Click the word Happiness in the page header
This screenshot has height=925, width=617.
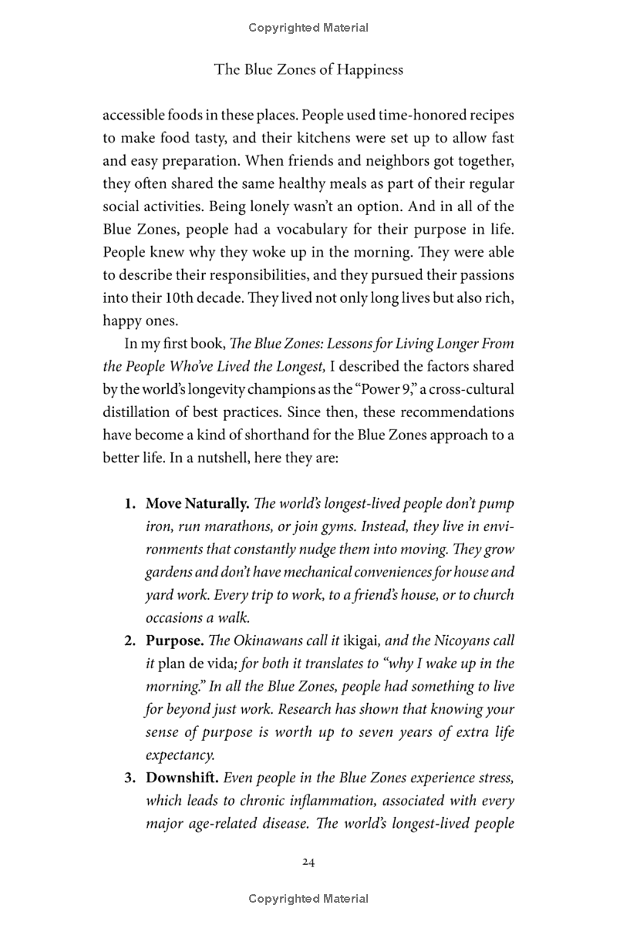tap(367, 70)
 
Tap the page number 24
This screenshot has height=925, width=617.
tap(308, 862)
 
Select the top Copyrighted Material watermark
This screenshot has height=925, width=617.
tap(308, 28)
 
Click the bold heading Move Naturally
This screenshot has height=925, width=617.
tap(197, 504)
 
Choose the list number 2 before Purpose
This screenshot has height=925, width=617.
tap(130, 641)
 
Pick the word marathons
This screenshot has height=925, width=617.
tap(238, 526)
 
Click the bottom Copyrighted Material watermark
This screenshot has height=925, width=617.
tap(308, 899)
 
